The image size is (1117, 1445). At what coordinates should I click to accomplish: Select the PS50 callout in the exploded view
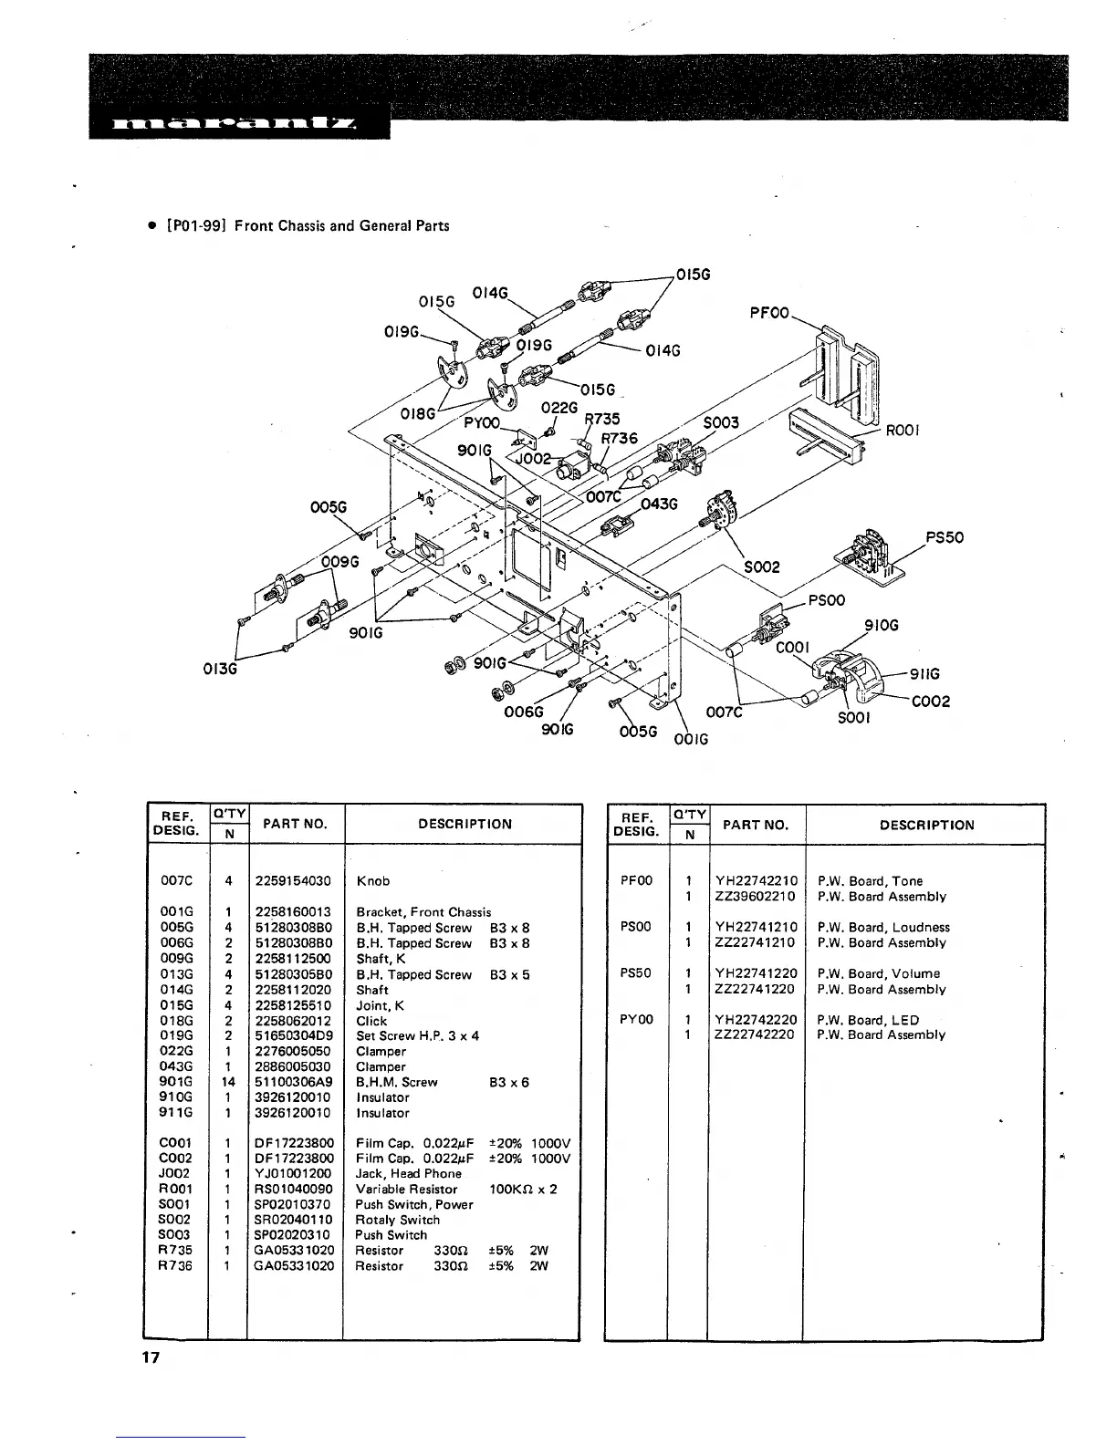pos(945,537)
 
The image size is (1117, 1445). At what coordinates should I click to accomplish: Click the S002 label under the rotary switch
pos(761,567)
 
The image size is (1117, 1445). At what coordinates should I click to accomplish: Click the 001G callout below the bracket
pos(690,738)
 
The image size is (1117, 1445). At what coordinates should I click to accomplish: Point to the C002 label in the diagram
pos(931,701)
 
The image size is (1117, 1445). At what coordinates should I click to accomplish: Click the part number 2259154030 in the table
pos(293,881)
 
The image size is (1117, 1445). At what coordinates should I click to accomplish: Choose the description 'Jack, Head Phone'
pos(408,1174)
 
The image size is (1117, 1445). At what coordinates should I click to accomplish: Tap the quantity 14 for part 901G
pos(229,1082)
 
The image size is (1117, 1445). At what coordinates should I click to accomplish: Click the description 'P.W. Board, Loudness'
pos(883,928)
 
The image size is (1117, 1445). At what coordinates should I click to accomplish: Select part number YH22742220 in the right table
pos(756,1020)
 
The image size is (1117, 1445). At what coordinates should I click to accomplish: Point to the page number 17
pos(150,1358)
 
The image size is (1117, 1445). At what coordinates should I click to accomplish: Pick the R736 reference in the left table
pos(177,1266)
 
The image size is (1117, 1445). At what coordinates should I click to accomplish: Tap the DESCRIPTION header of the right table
pos(926,826)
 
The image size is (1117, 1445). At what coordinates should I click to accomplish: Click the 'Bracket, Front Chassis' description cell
pos(423,912)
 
